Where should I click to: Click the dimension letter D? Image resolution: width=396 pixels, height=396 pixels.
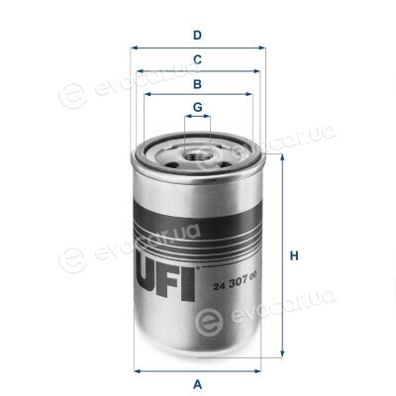[197, 35]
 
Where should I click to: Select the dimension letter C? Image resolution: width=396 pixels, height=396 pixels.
[197, 59]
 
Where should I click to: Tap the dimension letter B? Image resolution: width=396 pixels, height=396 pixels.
[197, 84]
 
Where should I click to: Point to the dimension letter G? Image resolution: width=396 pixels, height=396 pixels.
[197, 107]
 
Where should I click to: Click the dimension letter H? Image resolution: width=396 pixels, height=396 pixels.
[294, 255]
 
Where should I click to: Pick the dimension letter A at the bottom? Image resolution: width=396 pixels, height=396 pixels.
[197, 384]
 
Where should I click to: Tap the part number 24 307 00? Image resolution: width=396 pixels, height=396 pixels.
[235, 283]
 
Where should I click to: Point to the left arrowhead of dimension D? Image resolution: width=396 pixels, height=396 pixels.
[134, 48]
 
